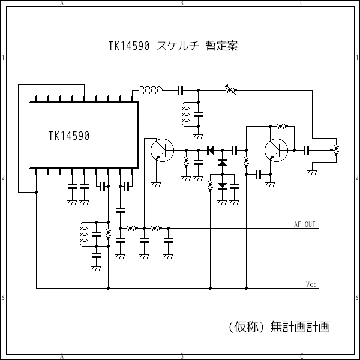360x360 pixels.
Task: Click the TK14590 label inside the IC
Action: tap(69, 136)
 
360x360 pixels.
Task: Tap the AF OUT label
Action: tap(305, 224)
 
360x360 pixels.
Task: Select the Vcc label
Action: tap(311, 284)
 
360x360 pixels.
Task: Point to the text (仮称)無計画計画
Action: tap(280, 327)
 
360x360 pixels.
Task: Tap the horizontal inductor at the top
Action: tap(151, 91)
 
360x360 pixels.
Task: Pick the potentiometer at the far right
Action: tap(336, 149)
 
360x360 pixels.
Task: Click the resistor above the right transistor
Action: tap(282, 126)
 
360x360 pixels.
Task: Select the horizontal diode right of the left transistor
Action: tap(211, 149)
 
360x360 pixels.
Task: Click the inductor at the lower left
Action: tap(83, 233)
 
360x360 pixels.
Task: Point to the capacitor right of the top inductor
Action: tap(180, 91)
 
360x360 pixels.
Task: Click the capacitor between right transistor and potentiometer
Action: tap(307, 149)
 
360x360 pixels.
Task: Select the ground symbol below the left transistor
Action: tap(157, 184)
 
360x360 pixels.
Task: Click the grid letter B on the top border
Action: tap(182, 3)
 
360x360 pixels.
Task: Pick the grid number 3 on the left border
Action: tap(3, 298)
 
